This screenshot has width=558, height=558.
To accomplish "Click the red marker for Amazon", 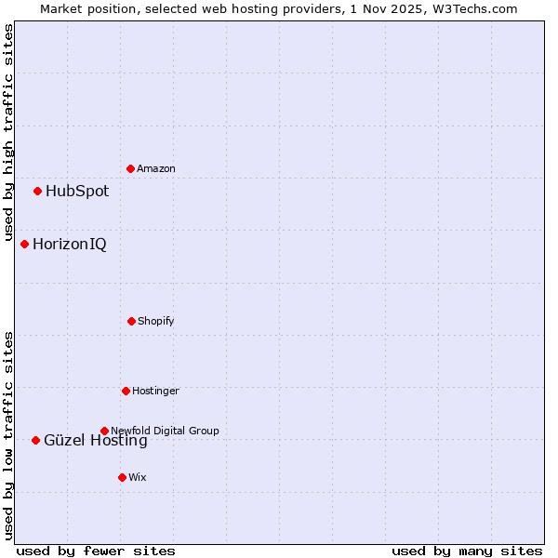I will [x=130, y=168].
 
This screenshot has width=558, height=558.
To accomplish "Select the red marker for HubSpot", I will [x=37, y=191].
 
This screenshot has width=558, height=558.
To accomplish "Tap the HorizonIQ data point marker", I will [x=24, y=244].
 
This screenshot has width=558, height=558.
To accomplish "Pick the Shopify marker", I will [x=131, y=321].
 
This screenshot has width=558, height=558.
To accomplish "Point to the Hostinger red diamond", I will [x=126, y=391].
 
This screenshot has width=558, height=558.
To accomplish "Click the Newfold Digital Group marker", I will [x=104, y=431].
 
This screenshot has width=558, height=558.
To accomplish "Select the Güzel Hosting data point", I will [x=35, y=440].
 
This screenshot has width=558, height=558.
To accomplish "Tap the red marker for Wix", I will [x=122, y=477].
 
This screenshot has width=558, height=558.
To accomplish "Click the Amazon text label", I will [x=156, y=168].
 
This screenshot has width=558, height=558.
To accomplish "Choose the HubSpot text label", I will [x=77, y=192].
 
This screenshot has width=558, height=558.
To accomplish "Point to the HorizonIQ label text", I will [x=70, y=245].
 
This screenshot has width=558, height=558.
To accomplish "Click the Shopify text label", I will [x=156, y=321].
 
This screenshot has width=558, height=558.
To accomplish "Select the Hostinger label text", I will [x=155, y=391].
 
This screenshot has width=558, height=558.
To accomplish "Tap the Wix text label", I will [x=138, y=477].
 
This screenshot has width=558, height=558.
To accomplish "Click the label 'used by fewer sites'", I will [x=96, y=551].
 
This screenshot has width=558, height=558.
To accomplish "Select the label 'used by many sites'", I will [x=467, y=551].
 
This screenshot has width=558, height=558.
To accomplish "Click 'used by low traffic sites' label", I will [x=8, y=435].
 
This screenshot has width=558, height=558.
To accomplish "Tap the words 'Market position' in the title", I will [x=81, y=8].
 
